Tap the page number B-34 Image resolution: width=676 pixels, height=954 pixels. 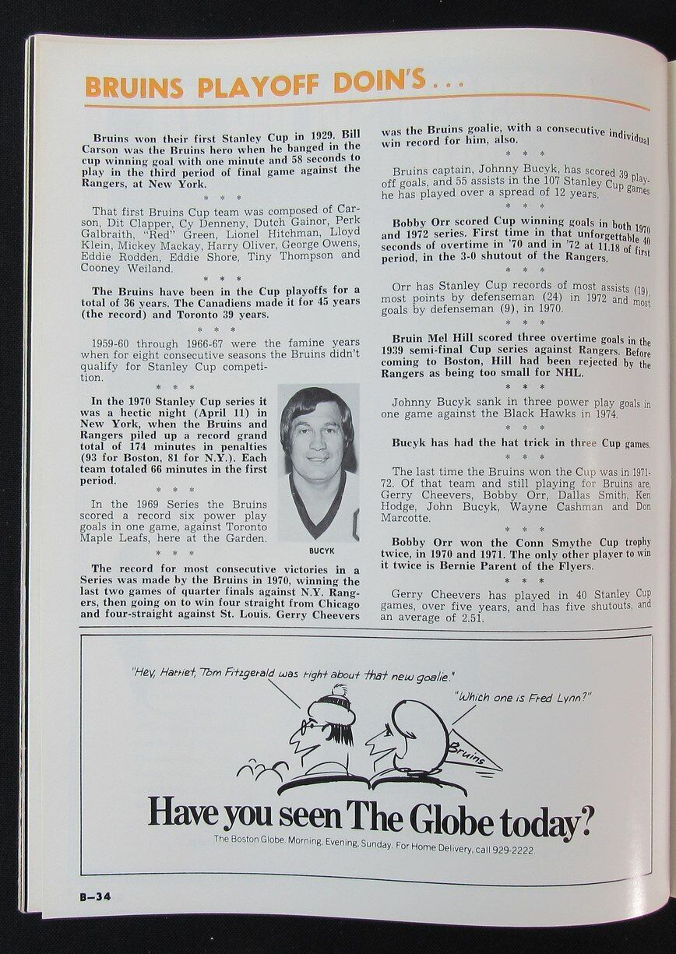95,896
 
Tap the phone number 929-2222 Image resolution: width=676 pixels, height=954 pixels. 509,850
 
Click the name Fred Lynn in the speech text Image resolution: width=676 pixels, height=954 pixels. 554,696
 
